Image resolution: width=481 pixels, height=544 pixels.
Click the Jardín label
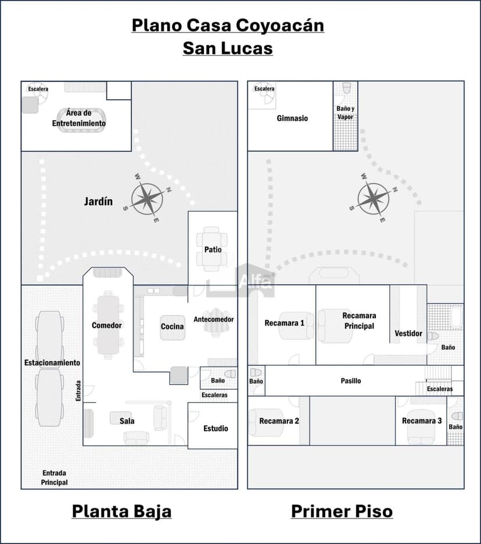pos(98,202)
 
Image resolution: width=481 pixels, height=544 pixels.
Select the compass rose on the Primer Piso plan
pos(373,198)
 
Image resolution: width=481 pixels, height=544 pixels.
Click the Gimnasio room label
pos(292,118)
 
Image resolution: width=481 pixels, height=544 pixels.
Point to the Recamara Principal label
pos(359,321)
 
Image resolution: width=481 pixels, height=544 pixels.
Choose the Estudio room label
pos(216,429)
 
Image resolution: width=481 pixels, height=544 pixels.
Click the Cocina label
pos(172,327)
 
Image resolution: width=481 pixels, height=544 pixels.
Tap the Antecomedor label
pos(214,320)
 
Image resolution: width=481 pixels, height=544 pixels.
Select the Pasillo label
pos(350,381)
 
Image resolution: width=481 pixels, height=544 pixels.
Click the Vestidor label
pos(408,333)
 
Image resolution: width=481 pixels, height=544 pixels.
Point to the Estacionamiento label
pos(52,362)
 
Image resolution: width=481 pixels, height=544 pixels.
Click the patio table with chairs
pos(211,249)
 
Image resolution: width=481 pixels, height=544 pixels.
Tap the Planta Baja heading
pos(121,511)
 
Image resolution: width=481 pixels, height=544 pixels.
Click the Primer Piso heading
pos(342,511)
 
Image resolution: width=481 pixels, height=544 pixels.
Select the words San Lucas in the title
pos(228,48)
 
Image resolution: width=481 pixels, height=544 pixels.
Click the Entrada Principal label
pos(54,477)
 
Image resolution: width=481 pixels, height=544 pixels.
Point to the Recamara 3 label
pos(422,420)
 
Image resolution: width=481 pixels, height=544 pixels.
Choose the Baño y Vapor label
pos(345,113)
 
